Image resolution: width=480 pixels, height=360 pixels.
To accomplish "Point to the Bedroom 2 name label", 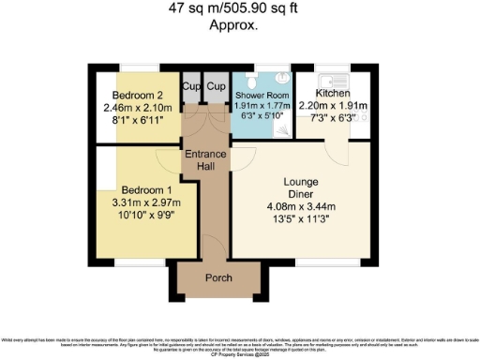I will (x=139, y=95).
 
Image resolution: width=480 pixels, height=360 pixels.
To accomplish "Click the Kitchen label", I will (x=334, y=94).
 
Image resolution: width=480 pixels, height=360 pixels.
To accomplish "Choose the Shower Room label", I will (x=262, y=96).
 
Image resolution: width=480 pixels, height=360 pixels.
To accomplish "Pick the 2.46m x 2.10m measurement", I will (x=139, y=107).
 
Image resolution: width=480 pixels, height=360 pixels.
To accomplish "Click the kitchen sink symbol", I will (x=332, y=78).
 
